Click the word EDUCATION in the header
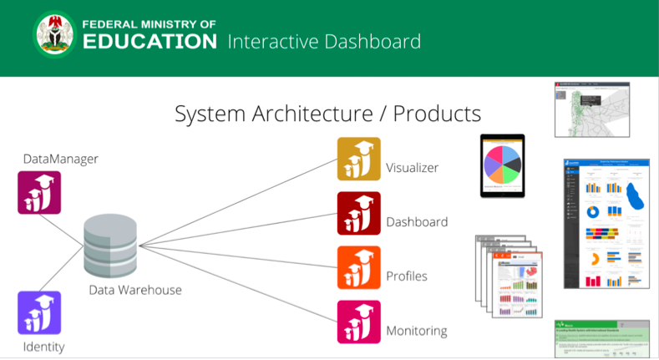point(150,42)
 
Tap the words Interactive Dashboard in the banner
point(324,41)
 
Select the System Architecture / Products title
point(327,114)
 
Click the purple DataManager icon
point(39,192)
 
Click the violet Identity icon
point(39,312)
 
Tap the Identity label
point(43,347)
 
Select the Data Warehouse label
point(135,290)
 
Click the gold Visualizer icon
point(358,159)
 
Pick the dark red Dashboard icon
point(358,213)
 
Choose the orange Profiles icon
point(358,267)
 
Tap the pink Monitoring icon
point(358,322)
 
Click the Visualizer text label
point(412,168)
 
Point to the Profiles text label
point(407,276)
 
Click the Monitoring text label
point(416,331)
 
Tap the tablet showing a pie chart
point(502,165)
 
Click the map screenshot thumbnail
point(591,109)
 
